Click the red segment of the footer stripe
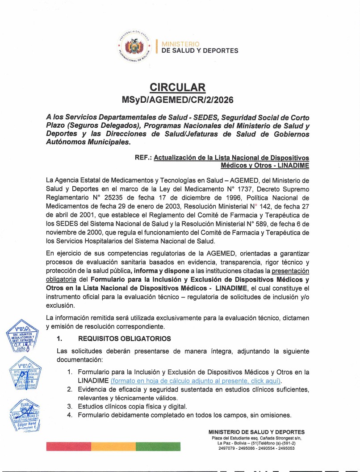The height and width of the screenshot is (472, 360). [x=68, y=447]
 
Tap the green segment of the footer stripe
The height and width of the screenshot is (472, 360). [x=158, y=447]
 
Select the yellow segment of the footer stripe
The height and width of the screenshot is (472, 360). [x=113, y=447]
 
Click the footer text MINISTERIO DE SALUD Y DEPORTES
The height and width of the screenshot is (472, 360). [x=256, y=432]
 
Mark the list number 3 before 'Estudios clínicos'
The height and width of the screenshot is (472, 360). [x=69, y=406]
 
